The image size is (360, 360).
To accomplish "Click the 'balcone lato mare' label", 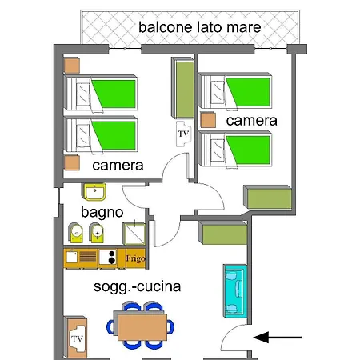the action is (200, 27).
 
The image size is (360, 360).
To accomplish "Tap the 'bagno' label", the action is (102, 213).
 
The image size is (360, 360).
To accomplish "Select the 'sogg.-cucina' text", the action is (138, 287).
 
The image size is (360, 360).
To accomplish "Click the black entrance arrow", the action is (278, 338).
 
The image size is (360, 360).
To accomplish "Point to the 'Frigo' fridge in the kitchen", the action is (135, 258).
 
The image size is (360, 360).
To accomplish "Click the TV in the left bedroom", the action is (184, 134).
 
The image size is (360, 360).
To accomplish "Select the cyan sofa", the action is (235, 291).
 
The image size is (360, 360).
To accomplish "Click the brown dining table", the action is (142, 327).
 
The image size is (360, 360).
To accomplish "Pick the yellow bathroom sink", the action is (95, 192).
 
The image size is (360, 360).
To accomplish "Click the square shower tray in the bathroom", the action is (134, 234).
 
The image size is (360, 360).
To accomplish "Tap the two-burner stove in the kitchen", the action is (108, 257).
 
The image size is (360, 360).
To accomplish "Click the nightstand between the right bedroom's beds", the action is (208, 120).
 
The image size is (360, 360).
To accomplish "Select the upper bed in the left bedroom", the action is (101, 93).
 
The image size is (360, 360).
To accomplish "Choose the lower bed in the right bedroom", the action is (235, 149).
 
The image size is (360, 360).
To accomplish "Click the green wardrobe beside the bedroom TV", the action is (182, 88).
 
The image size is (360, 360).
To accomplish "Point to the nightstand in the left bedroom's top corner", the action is (72, 66).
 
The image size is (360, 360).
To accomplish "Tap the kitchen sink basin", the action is (71, 257).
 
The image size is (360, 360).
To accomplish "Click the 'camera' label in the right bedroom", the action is (252, 121).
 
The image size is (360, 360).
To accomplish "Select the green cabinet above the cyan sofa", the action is (223, 233).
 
